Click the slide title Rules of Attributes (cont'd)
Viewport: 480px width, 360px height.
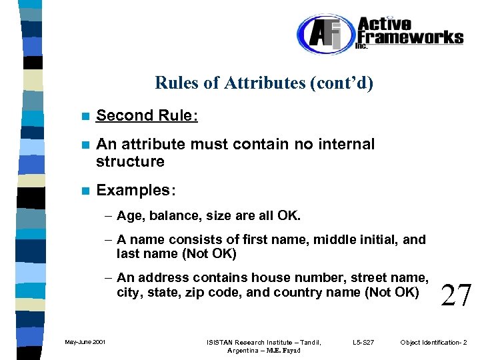pyautogui.click(x=264, y=83)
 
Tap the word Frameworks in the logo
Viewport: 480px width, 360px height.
pyautogui.click(x=410, y=37)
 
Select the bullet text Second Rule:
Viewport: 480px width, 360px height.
pyautogui.click(x=147, y=115)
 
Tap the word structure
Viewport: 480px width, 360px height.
pyautogui.click(x=130, y=161)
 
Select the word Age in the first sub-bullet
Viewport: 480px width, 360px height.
pyautogui.click(x=129, y=216)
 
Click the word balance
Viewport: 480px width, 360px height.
pyautogui.click(x=167, y=216)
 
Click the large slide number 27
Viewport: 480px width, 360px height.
pyautogui.click(x=456, y=294)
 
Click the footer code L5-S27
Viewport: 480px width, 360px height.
pyautogui.click(x=364, y=343)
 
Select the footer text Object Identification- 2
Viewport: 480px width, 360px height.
pyautogui.click(x=433, y=343)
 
